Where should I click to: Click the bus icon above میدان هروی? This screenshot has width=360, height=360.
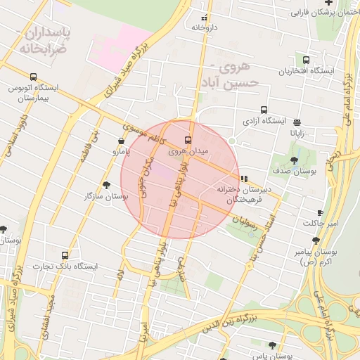tap(187, 139)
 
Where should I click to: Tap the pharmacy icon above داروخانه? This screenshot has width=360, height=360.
tap(205, 18)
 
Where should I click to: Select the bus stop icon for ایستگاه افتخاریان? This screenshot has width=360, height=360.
tap(305, 60)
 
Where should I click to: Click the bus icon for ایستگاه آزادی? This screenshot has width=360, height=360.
tap(264, 110)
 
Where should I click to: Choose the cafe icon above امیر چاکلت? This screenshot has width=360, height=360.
tap(321, 212)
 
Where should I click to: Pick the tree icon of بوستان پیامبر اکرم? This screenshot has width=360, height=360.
tap(316, 240)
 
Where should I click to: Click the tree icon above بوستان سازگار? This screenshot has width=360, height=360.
tap(106, 185)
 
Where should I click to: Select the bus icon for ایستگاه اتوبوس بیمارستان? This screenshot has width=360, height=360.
tap(33, 77)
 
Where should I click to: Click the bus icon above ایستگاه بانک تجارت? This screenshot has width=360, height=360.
tap(65, 255)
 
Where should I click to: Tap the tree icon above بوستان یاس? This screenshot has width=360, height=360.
tap(272, 345)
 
